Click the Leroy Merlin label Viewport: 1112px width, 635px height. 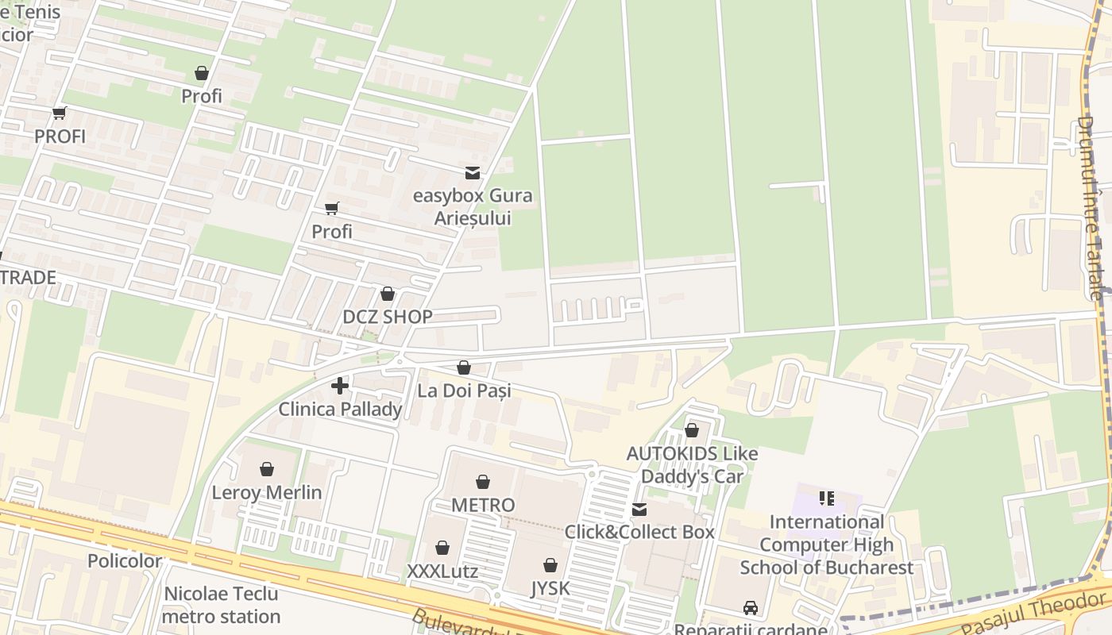(267, 492)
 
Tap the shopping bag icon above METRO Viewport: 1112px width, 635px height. (483, 482)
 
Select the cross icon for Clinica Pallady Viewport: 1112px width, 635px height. (340, 387)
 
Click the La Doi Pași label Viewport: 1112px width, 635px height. (464, 391)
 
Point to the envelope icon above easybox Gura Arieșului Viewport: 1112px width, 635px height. (473, 173)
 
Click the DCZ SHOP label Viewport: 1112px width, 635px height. (388, 317)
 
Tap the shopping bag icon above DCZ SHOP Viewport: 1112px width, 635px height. (388, 294)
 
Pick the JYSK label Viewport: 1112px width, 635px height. (550, 589)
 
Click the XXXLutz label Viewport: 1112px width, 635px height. (442, 571)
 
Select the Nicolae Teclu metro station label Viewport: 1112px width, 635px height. (222, 605)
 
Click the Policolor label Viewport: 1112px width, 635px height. (125, 561)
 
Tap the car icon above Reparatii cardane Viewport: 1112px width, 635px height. (751, 608)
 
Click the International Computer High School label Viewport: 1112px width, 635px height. (827, 545)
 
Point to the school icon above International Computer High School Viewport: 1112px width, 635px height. (827, 498)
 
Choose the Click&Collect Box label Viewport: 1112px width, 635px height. (639, 532)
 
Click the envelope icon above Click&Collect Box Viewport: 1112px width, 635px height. (639, 510)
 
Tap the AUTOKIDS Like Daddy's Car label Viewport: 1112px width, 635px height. (692, 465)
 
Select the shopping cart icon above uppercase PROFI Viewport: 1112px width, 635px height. (60, 114)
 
